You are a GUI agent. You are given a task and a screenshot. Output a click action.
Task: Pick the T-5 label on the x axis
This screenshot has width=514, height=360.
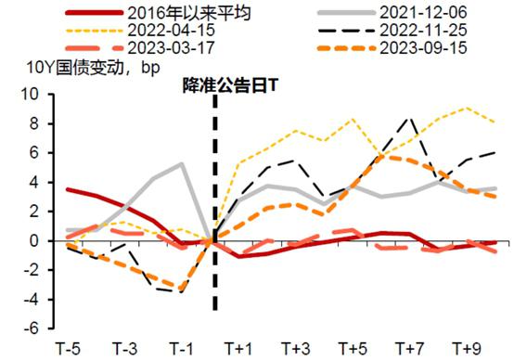pyautogui.click(x=69, y=349)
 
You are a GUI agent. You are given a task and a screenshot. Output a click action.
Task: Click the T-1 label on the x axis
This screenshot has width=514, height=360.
pyautogui.click(x=186, y=349)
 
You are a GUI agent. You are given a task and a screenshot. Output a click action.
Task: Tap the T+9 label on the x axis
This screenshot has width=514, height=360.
pyautogui.click(x=466, y=349)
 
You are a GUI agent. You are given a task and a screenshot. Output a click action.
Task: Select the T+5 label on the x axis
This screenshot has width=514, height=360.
pyautogui.click(x=352, y=349)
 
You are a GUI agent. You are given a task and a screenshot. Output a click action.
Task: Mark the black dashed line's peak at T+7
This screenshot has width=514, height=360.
pyautogui.click(x=410, y=118)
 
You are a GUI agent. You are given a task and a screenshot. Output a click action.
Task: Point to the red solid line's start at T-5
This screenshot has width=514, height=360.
pyautogui.click(x=70, y=189)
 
